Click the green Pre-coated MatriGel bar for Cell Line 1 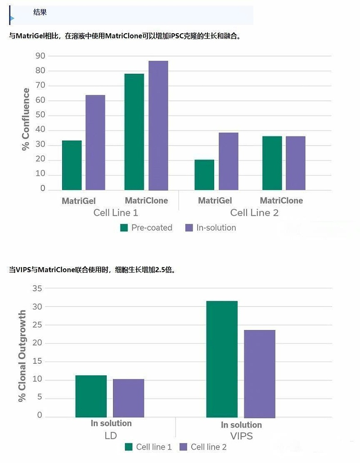tap(72, 165)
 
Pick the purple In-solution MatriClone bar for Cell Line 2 tap(295, 163)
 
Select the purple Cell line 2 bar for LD tap(128, 398)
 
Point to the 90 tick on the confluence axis tap(40, 56)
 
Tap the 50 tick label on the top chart tap(40, 115)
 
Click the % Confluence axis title tap(26, 119)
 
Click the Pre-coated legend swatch tap(124, 228)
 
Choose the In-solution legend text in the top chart tap(216, 228)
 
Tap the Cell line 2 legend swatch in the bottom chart tap(183, 447)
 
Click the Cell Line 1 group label tap(115, 213)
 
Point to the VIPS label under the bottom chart tap(241, 436)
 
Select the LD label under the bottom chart tap(111, 436)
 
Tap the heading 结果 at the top tap(40, 13)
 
